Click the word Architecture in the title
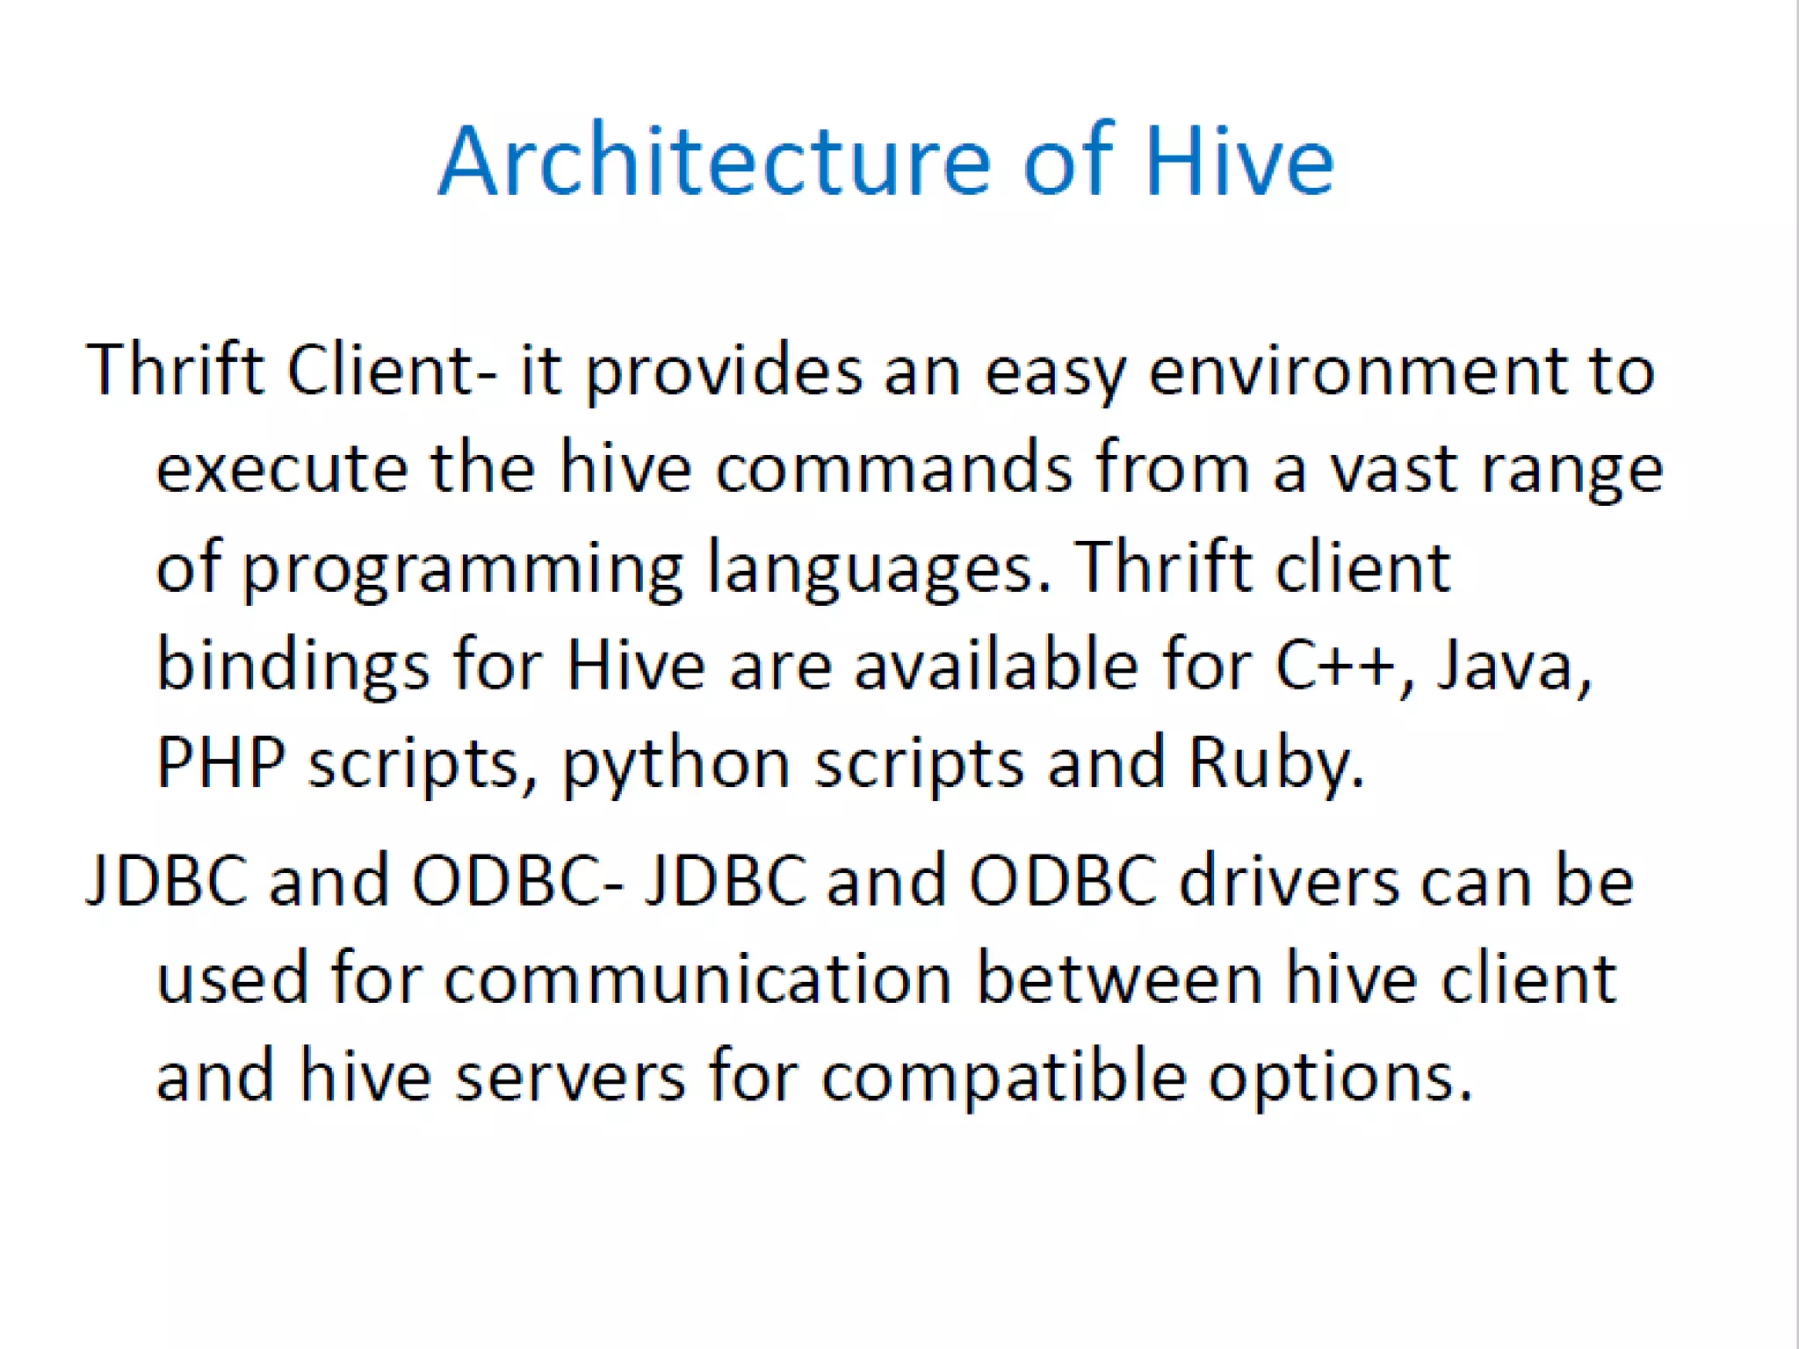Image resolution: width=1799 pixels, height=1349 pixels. (x=714, y=162)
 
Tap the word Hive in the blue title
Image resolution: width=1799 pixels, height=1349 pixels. (x=1239, y=162)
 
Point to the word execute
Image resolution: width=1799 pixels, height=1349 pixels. (x=282, y=468)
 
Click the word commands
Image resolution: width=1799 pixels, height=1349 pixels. (x=893, y=468)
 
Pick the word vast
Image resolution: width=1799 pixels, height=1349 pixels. (x=1393, y=468)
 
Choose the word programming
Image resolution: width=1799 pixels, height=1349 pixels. (x=462, y=568)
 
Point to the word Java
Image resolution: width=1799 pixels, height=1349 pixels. (x=1513, y=665)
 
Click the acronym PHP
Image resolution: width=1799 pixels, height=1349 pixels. (x=220, y=761)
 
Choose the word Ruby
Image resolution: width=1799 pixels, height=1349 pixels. (x=1275, y=761)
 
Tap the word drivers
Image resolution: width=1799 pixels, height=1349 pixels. (x=1289, y=880)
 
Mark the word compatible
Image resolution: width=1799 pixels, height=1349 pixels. (x=1004, y=1078)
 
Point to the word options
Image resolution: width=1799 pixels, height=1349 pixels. (x=1339, y=1078)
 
